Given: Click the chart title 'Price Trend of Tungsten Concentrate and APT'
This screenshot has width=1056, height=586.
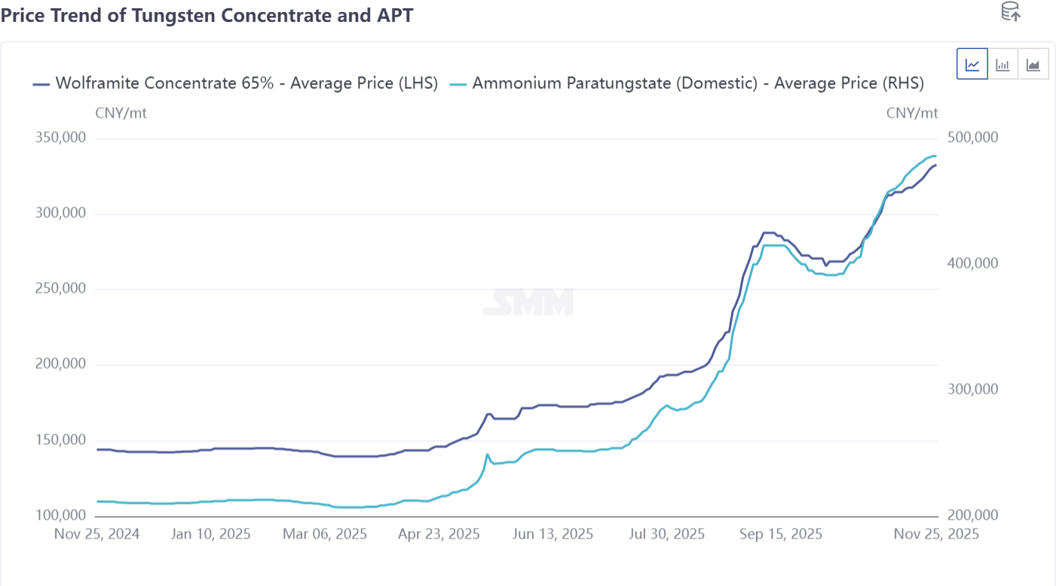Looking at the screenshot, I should click(x=207, y=14).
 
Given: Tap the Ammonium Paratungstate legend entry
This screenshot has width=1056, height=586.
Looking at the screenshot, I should click(x=687, y=83).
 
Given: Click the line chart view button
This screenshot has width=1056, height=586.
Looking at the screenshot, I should click(x=972, y=64).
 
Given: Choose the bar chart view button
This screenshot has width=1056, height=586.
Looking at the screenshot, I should click(x=1002, y=64).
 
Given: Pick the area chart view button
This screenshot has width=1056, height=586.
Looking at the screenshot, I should click(x=1033, y=64).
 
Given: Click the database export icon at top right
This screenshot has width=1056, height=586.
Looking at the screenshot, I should click(x=1010, y=11).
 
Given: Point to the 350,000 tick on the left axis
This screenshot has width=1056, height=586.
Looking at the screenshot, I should click(x=60, y=138).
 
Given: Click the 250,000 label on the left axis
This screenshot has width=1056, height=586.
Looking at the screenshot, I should click(x=60, y=289).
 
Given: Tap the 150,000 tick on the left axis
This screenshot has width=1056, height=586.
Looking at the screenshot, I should click(x=60, y=440).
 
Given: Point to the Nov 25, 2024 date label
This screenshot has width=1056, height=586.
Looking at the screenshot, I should click(x=96, y=534).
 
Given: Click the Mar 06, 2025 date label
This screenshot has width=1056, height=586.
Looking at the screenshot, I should click(x=325, y=534).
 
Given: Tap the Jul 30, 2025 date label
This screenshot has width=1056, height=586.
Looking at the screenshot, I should click(x=666, y=534).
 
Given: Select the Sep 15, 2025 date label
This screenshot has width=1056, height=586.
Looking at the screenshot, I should click(x=781, y=534).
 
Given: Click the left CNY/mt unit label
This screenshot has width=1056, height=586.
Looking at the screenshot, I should click(x=121, y=113).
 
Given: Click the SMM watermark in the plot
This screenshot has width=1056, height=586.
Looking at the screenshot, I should click(x=528, y=302).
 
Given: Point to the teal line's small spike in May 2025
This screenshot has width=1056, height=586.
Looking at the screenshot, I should click(x=487, y=455).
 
